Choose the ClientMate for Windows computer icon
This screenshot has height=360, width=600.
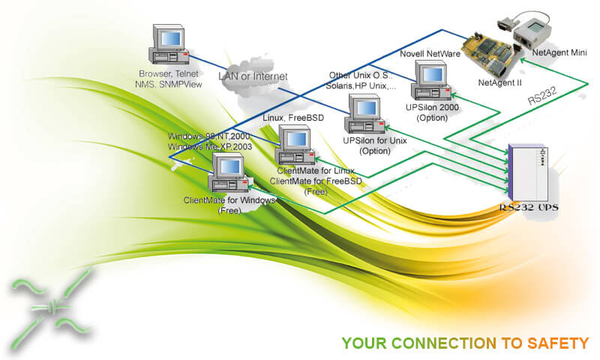[229, 175]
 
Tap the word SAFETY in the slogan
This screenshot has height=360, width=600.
[559, 343]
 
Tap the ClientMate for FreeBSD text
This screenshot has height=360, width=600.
[316, 181]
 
